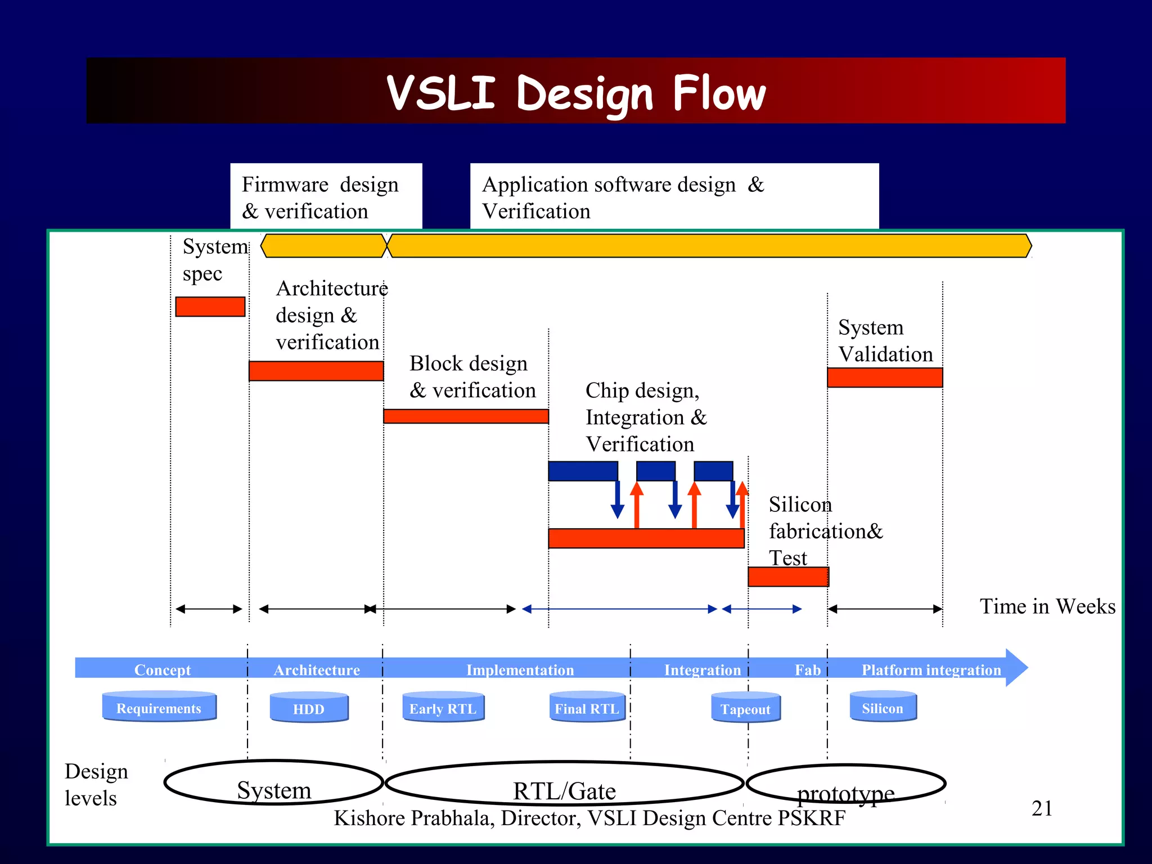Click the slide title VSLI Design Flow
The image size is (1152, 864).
tap(576, 93)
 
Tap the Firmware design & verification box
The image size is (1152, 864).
tap(326, 197)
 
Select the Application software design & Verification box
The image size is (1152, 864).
tap(674, 197)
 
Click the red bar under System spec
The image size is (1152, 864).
tap(210, 307)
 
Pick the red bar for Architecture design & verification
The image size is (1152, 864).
tap(316, 371)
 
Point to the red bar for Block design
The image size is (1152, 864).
tap(466, 416)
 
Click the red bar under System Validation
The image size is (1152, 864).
tap(884, 377)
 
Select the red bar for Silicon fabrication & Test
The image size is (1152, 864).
tap(787, 577)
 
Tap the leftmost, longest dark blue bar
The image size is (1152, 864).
tap(583, 471)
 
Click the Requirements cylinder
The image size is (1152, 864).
tap(159, 707)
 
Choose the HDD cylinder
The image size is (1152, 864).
tap(309, 708)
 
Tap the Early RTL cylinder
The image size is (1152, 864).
tap(443, 708)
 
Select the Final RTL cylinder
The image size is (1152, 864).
tap(587, 708)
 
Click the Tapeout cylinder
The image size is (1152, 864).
tap(745, 708)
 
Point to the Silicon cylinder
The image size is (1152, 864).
tap(883, 707)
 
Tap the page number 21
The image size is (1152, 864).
tap(1042, 808)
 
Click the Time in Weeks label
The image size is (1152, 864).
tap(1047, 606)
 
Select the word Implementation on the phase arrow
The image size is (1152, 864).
tap(520, 670)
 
